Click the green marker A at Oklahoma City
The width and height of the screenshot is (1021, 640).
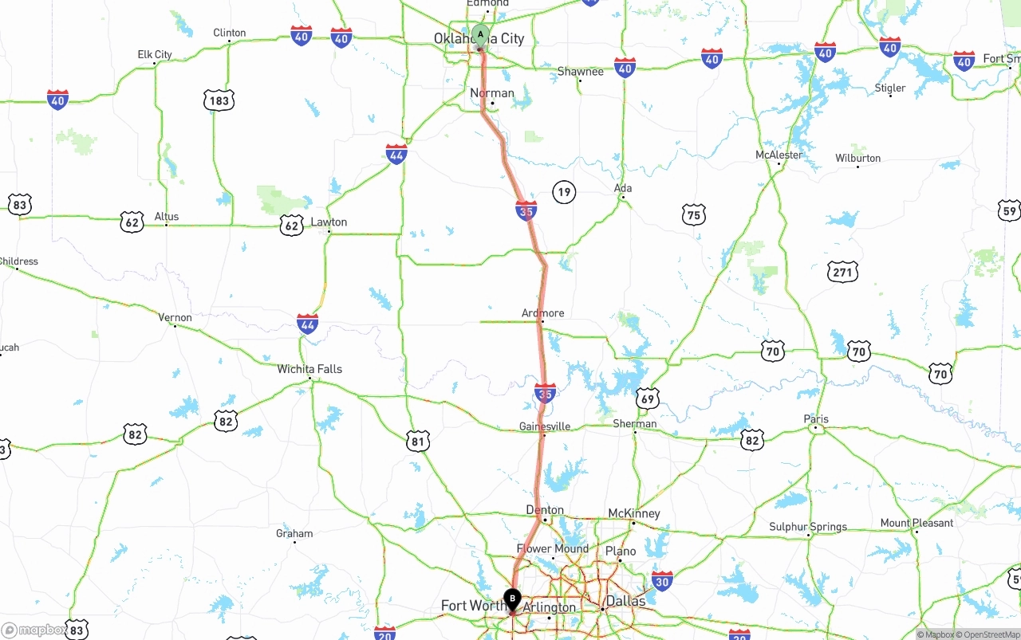click(x=480, y=35)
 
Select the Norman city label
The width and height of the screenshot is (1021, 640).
click(x=492, y=93)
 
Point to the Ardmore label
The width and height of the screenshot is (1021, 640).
click(x=542, y=313)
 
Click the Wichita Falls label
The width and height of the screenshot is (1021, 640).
click(x=309, y=369)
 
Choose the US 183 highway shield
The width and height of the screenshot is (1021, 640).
click(x=219, y=100)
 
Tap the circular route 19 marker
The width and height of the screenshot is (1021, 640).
click(x=564, y=191)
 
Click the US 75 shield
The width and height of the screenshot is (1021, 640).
click(x=694, y=214)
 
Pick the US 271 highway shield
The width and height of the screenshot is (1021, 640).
click(x=842, y=272)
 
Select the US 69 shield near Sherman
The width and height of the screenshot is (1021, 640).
click(x=647, y=399)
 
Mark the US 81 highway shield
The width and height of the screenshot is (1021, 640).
click(x=418, y=441)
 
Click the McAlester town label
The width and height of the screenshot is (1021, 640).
click(x=779, y=155)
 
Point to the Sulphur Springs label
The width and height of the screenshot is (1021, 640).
click(x=808, y=527)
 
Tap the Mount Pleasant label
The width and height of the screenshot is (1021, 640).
click(x=917, y=523)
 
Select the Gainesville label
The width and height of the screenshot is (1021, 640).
click(x=545, y=426)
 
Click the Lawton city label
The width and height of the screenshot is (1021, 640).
click(x=329, y=222)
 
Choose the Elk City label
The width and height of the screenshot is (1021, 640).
click(x=155, y=54)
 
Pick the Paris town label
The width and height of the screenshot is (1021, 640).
click(x=816, y=419)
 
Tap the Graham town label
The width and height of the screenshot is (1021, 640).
click(x=294, y=533)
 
